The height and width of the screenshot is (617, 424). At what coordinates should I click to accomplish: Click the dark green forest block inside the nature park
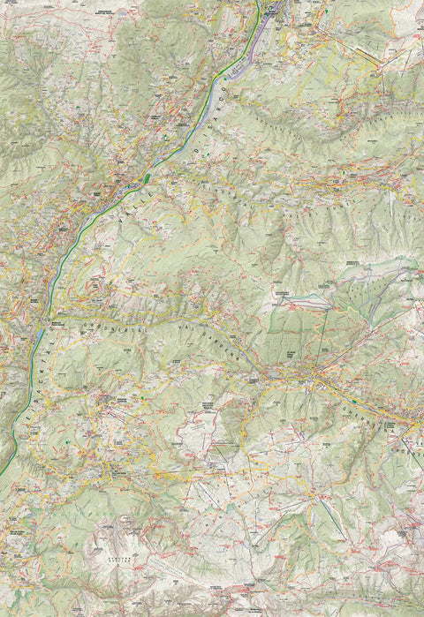pyautogui.click(x=291, y=327)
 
